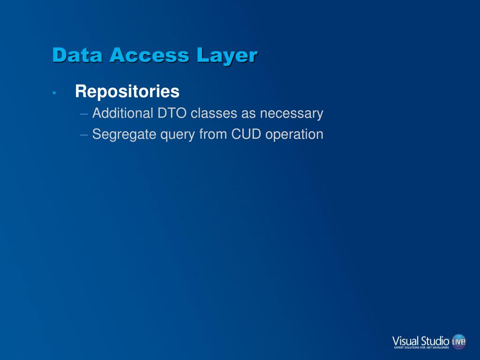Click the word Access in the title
(x=150, y=55)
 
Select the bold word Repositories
(x=127, y=91)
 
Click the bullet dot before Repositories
(x=55, y=93)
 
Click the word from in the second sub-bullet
(x=213, y=135)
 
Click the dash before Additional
(x=84, y=114)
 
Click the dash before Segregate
(x=84, y=135)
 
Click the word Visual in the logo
(x=405, y=340)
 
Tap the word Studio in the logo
(x=435, y=340)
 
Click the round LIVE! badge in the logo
(x=458, y=342)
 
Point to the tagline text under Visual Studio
(x=421, y=348)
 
